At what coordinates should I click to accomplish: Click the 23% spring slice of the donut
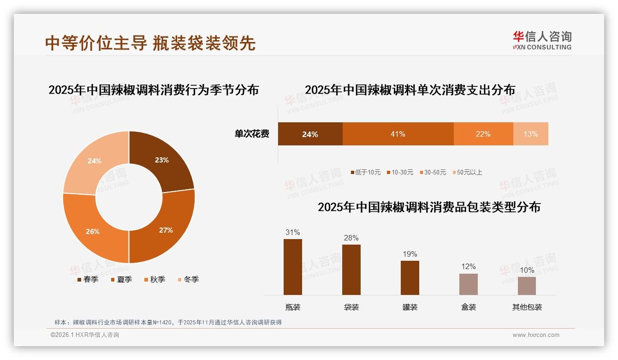pos(161,160)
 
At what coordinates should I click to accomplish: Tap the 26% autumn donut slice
pos(93,231)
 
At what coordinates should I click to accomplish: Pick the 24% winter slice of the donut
pos(95,161)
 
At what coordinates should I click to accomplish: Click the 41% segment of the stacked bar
pos(398,134)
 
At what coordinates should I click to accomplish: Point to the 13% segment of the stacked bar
pos(530,134)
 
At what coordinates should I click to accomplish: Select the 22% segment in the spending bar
pos(483,134)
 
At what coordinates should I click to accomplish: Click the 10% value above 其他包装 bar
pos(527,270)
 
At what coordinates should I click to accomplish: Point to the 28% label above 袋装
pos(351,238)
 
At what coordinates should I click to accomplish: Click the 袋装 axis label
pos(351,307)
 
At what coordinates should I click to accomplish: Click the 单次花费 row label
pos(252,134)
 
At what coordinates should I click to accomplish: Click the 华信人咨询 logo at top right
pos(542,40)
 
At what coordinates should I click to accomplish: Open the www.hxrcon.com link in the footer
pos(536,335)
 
